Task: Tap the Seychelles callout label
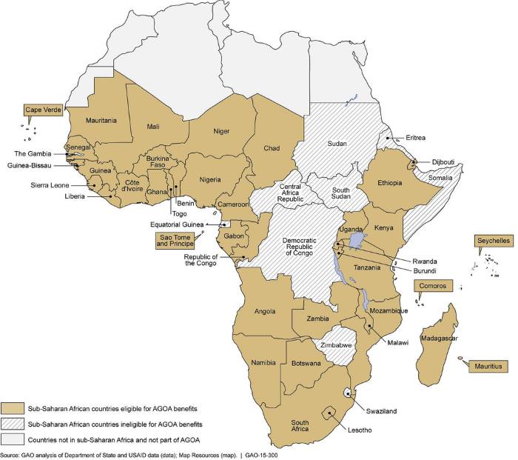491,242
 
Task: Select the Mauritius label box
489,366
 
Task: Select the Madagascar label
439,339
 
